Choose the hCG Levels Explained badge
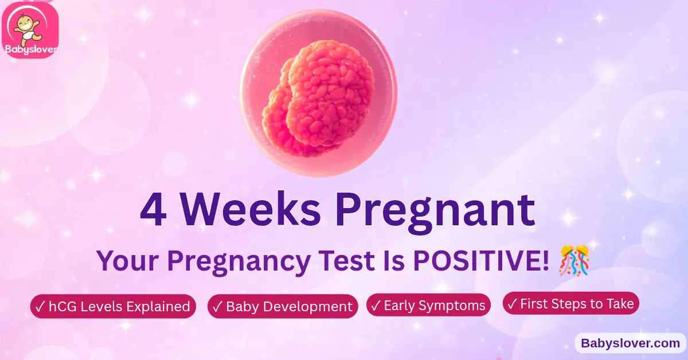113,307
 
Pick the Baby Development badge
283,307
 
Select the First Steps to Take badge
571,303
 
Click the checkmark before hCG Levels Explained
40,307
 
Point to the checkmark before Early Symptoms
376,305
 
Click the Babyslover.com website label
630,343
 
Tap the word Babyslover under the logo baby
30,49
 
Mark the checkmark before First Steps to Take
512,303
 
